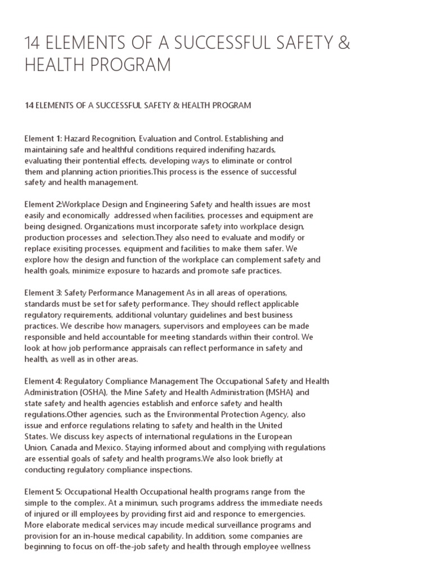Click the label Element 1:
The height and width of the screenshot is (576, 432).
coord(43,138)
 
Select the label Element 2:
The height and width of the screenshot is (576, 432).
coord(43,204)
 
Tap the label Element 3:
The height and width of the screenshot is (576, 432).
coord(43,293)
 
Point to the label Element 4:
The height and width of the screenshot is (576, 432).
coord(43,381)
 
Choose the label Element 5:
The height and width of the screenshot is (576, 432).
coord(43,492)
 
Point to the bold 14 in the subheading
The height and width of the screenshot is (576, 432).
coord(29,105)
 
